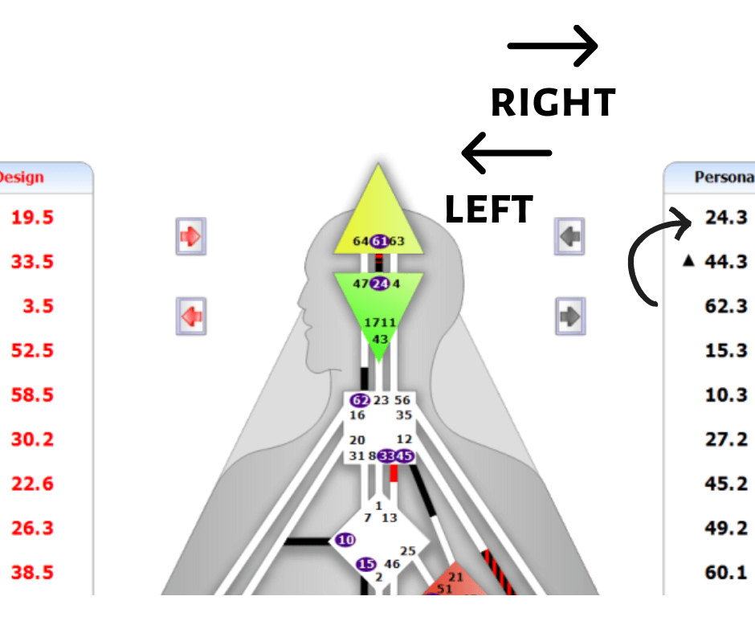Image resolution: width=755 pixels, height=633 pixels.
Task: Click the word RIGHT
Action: (x=553, y=103)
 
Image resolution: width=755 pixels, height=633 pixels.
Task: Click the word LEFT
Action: (x=488, y=210)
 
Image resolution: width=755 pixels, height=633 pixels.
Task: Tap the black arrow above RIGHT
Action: (x=553, y=46)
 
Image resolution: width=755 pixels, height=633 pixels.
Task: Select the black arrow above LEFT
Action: (x=506, y=153)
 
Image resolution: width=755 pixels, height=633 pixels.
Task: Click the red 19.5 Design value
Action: (x=32, y=217)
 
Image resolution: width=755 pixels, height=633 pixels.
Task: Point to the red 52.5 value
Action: (x=32, y=350)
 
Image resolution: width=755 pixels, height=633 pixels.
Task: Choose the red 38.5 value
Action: (x=32, y=572)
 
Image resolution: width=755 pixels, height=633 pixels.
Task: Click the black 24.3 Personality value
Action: (x=726, y=217)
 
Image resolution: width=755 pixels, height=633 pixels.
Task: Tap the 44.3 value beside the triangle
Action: (x=726, y=261)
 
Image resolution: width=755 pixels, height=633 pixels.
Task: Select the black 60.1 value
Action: (x=726, y=572)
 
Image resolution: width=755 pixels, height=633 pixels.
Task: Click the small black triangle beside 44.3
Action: (x=688, y=262)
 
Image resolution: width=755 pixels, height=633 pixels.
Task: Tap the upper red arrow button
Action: (x=191, y=237)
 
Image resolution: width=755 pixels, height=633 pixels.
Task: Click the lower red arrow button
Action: (x=191, y=316)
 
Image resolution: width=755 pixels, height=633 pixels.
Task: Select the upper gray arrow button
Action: (x=569, y=237)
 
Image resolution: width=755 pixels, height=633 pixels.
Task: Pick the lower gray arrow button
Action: (x=569, y=316)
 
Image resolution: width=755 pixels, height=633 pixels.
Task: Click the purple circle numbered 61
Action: (x=379, y=241)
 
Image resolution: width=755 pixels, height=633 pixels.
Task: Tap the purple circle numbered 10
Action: (x=345, y=540)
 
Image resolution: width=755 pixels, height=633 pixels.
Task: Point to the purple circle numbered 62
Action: (x=361, y=400)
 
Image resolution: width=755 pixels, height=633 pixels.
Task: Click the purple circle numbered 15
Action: (x=366, y=564)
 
